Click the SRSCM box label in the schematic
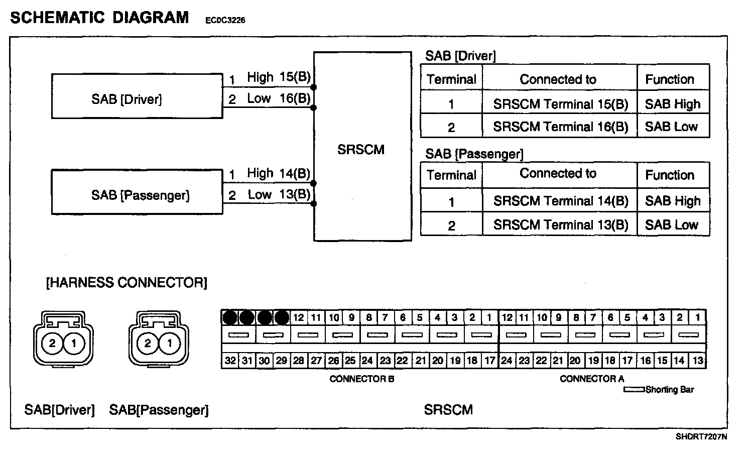361,150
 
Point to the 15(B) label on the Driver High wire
295,77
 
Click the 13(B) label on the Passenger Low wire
295,194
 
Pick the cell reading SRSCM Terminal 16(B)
560,127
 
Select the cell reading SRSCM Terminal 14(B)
560,201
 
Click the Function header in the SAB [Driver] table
670,79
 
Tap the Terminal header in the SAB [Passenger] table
451,175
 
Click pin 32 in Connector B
230,361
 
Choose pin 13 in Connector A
698,361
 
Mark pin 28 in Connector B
299,361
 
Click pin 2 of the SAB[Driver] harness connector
52,344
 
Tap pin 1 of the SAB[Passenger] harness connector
170,344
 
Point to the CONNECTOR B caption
361,379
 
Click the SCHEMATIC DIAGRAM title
99,18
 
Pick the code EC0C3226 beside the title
225,21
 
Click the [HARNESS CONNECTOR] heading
127,283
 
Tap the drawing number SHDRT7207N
701,437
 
